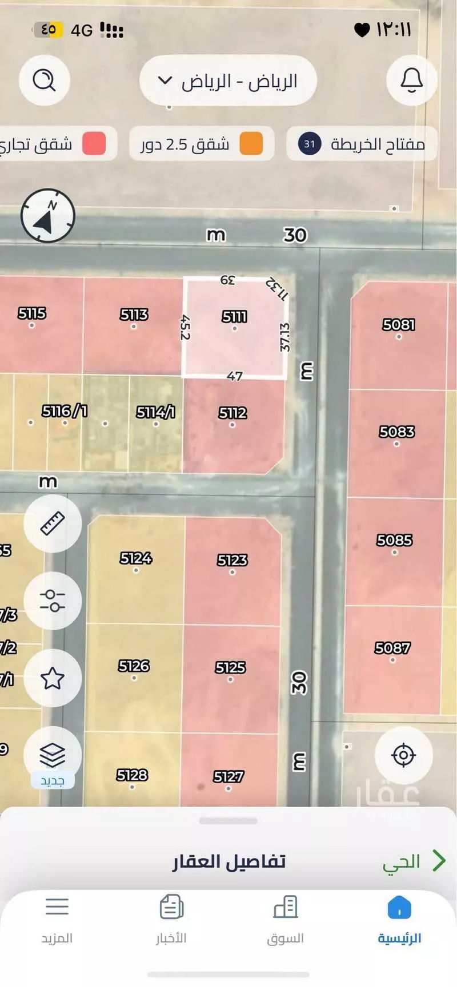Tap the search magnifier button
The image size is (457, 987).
pos(44,80)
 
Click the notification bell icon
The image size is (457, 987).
pos(411,80)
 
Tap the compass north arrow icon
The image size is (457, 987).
pos(48,216)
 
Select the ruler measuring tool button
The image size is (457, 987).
pos(53,523)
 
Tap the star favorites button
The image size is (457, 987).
pos(53,678)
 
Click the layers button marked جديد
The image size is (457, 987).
pos(53,756)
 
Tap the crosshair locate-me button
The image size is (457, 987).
pos(403,755)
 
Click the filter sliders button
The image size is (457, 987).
pos(53,601)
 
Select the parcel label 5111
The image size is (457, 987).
pos(234,317)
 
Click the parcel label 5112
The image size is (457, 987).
pos(232,413)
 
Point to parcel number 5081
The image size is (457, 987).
pos(398,325)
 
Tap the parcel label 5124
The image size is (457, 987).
pos(136,558)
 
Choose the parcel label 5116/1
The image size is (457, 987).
pos(65,411)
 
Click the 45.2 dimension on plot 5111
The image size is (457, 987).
pos(185,327)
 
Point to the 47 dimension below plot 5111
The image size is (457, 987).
pos(235,376)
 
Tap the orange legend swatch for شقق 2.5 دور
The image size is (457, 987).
pos(251,143)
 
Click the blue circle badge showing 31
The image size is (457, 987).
pos(310,144)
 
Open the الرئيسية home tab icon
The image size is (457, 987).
pos(399,907)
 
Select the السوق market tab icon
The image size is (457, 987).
pos(285,907)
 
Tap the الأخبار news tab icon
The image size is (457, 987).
pos(171,907)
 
